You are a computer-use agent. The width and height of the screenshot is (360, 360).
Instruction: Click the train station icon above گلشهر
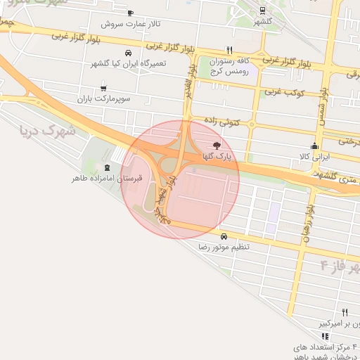tap(262, 11)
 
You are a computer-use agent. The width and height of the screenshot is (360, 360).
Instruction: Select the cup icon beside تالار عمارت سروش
tap(131, 13)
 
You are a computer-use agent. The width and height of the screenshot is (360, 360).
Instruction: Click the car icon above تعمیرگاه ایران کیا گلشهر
tap(127, 53)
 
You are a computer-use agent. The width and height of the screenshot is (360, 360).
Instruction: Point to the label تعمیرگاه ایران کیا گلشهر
tap(128, 64)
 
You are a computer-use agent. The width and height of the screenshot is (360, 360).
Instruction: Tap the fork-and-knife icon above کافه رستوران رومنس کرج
tap(229, 50)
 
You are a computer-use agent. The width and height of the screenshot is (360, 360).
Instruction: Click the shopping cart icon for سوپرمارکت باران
tap(104, 89)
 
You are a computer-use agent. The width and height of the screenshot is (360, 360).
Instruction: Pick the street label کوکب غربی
tap(282, 92)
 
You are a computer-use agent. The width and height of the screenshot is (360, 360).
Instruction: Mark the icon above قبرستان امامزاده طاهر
tap(107, 167)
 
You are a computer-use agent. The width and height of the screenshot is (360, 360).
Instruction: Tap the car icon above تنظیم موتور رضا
tap(224, 236)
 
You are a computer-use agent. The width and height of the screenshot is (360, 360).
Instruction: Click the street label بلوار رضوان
tap(307, 225)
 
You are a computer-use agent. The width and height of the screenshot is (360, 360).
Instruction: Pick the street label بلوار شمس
tap(324, 103)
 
